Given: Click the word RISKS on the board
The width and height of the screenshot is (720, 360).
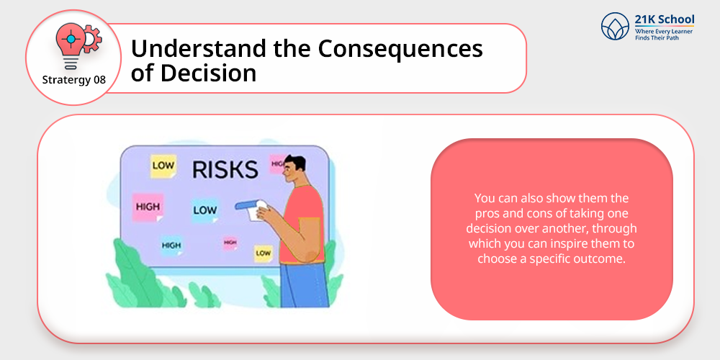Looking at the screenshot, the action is pyautogui.click(x=225, y=170).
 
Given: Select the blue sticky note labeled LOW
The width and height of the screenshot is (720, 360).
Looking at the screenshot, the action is pyautogui.click(x=204, y=210).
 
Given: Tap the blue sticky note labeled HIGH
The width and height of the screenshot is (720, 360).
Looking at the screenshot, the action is pyautogui.click(x=171, y=246).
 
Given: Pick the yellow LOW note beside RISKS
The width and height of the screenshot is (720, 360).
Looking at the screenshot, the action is pyautogui.click(x=163, y=166).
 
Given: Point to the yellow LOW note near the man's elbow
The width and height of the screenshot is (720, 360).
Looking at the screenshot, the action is pyautogui.click(x=263, y=253).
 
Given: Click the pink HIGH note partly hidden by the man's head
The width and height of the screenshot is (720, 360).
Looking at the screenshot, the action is pyautogui.click(x=277, y=163).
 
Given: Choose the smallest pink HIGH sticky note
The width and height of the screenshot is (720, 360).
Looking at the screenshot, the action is pyautogui.click(x=230, y=243).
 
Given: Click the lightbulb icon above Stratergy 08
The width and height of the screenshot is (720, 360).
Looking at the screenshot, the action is pyautogui.click(x=71, y=45).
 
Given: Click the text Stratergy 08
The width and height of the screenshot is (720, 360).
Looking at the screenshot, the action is pyautogui.click(x=73, y=80).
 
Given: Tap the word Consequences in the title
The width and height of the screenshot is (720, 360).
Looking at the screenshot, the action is pyautogui.click(x=400, y=49).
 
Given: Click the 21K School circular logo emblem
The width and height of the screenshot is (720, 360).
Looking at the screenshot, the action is pyautogui.click(x=615, y=26).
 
